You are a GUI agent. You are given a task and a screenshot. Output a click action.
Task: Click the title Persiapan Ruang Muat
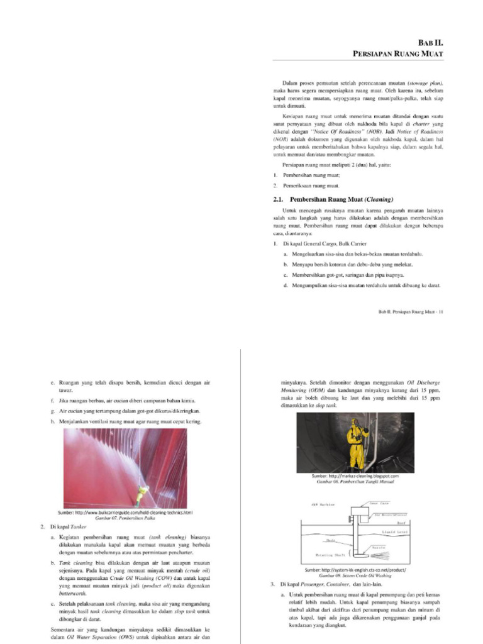pyautogui.click(x=397, y=55)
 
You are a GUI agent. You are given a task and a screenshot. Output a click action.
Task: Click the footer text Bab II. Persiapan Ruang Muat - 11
pyautogui.click(x=411, y=311)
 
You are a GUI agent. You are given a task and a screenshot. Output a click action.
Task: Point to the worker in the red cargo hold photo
pyautogui.click(x=144, y=490)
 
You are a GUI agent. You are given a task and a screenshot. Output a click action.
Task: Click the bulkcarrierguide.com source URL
pyautogui.click(x=125, y=513)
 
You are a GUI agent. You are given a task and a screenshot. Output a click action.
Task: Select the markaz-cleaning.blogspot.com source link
pyautogui.click(x=355, y=476)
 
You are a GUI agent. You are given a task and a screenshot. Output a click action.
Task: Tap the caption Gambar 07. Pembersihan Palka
pyautogui.click(x=125, y=518)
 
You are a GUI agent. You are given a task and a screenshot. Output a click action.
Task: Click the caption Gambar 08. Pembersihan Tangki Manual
pyautogui.click(x=355, y=482)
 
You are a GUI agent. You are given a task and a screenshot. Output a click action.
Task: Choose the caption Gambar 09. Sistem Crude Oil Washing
pyautogui.click(x=355, y=575)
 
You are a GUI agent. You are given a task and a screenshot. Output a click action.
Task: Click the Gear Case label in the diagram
pyautogui.click(x=377, y=503)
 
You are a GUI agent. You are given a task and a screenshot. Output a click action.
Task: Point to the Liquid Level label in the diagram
pyautogui.click(x=396, y=532)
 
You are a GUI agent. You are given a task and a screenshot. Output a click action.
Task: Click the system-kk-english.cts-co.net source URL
pyautogui.click(x=355, y=569)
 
